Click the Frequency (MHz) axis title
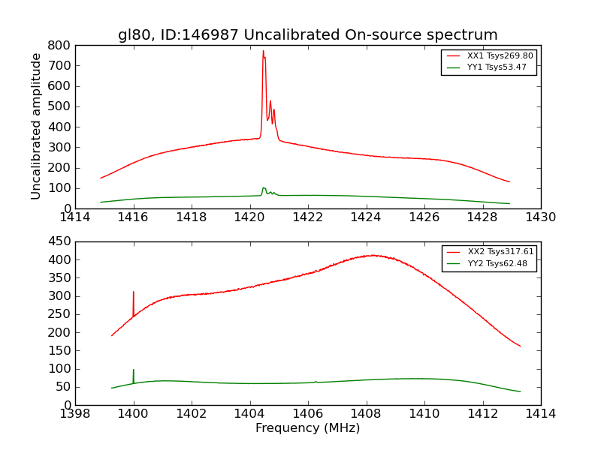tap(307, 428)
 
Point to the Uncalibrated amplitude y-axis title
tap(36, 126)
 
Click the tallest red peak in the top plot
tap(263, 52)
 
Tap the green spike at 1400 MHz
tap(134, 370)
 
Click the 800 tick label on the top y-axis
tap(60, 45)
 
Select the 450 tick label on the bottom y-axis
tap(60, 241)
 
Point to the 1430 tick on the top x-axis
tap(540, 217)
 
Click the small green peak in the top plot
tap(264, 188)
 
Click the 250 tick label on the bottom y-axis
tap(60, 314)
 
